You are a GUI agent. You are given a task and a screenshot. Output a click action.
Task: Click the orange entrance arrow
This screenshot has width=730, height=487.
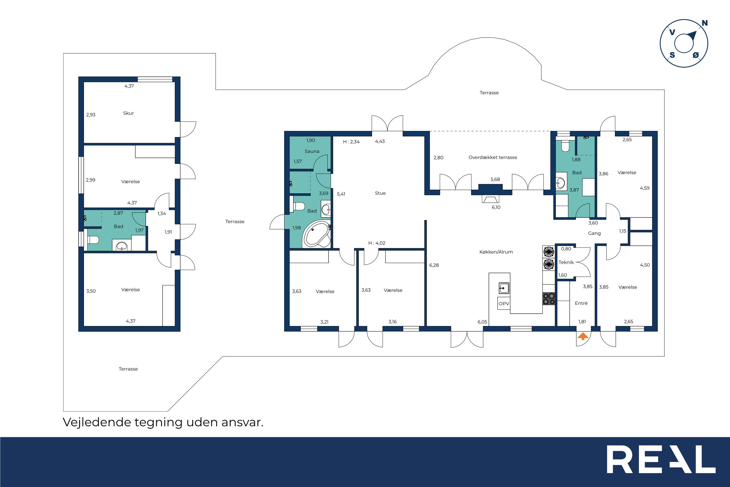point(583,336)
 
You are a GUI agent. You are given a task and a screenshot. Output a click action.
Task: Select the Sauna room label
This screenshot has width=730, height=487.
point(312,151)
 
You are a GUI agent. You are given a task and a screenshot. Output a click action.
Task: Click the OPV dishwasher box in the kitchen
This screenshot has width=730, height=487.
point(504,303)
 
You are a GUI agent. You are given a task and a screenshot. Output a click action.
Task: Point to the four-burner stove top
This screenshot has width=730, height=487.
point(549,298)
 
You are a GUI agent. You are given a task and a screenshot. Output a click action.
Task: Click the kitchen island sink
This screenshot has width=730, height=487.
point(504,288)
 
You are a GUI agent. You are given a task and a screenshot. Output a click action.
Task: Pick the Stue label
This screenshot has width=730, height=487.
point(380,193)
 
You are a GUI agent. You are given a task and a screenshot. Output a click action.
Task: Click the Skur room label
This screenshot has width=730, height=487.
point(128,113)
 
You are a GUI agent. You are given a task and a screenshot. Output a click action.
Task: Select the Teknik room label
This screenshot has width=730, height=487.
point(566,262)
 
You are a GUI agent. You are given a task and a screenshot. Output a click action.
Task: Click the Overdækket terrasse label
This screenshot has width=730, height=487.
point(493,157)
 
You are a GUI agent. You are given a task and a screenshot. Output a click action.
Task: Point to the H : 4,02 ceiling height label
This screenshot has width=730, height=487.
point(377,243)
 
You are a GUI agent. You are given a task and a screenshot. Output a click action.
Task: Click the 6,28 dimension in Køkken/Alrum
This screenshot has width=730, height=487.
point(434,265)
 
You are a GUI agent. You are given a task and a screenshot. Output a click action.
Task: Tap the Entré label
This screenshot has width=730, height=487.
point(581,303)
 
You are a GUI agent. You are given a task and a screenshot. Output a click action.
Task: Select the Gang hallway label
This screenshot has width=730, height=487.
point(594,233)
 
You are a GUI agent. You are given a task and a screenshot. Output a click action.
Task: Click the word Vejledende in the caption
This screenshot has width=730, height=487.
point(97,422)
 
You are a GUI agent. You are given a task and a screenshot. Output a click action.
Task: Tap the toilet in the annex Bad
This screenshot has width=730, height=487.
point(93,239)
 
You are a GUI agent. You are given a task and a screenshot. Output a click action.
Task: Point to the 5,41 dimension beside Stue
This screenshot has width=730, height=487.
point(341,194)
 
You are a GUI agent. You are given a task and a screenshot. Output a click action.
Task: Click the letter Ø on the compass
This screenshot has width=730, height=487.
point(695,55)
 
